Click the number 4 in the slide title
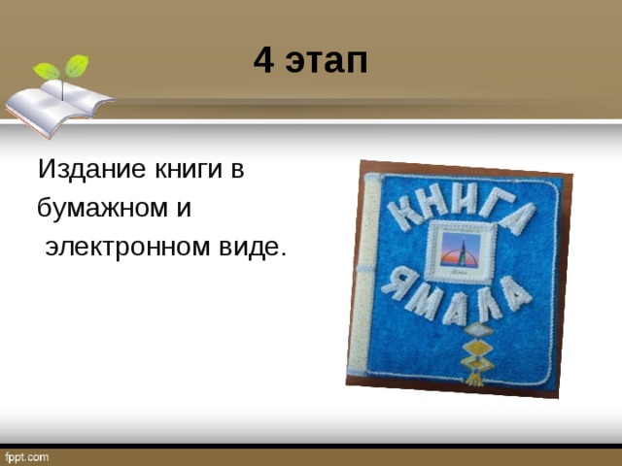263,61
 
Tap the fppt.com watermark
25,456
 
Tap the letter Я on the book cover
395,284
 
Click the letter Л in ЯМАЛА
488,302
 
